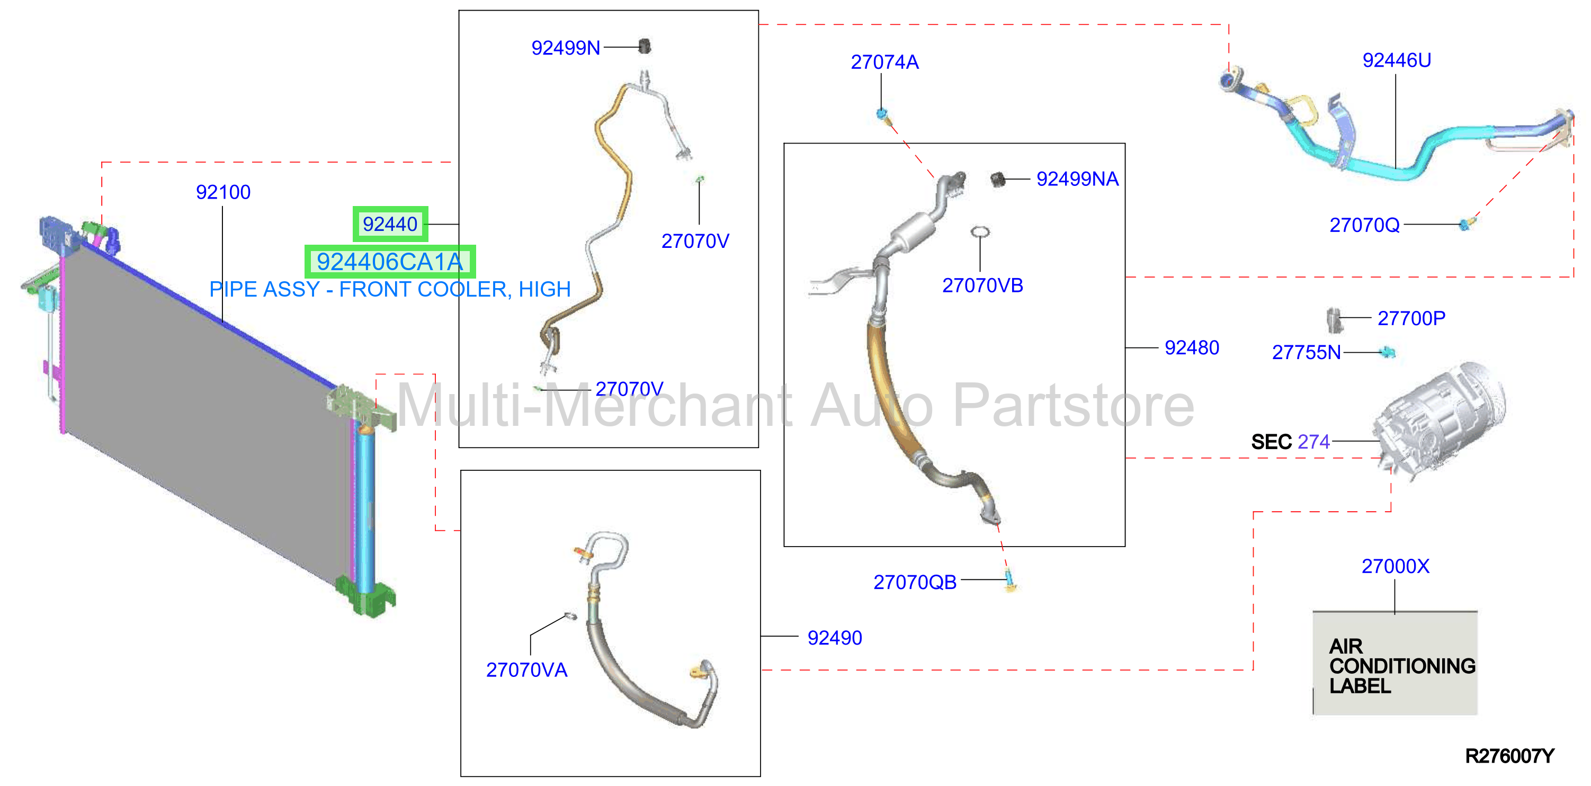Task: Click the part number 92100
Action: tap(223, 192)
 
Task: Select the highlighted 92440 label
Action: tap(390, 224)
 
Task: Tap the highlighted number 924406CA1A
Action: tap(390, 262)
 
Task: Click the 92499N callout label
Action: tap(566, 48)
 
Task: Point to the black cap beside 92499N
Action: tap(644, 46)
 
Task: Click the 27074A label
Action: tap(884, 62)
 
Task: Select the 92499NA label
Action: tap(1077, 179)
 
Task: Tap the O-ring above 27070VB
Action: tap(980, 232)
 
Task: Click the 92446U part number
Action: tap(1397, 60)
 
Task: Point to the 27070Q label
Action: tap(1364, 225)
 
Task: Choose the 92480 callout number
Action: tap(1192, 347)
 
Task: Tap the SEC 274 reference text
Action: tap(1290, 442)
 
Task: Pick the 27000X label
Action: tap(1395, 566)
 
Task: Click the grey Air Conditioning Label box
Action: tap(1395, 663)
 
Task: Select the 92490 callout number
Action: tap(834, 638)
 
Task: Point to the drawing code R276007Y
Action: tap(1509, 756)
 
